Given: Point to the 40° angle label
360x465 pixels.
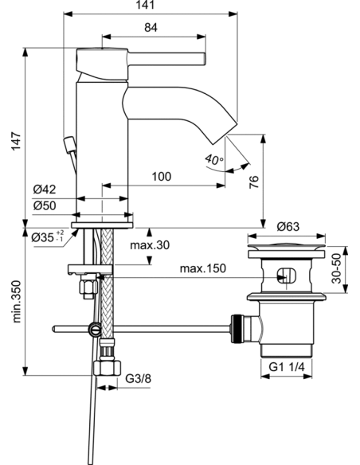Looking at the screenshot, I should (214, 159).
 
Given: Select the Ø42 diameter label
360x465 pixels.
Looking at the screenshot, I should (44, 190).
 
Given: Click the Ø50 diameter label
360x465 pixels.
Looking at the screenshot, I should (44, 206).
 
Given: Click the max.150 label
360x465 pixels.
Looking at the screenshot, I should (202, 269).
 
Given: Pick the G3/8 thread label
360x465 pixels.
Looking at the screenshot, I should (139, 380).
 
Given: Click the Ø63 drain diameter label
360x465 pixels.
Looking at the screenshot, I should (288, 226).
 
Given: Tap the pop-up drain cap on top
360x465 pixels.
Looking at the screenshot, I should (288, 244).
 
